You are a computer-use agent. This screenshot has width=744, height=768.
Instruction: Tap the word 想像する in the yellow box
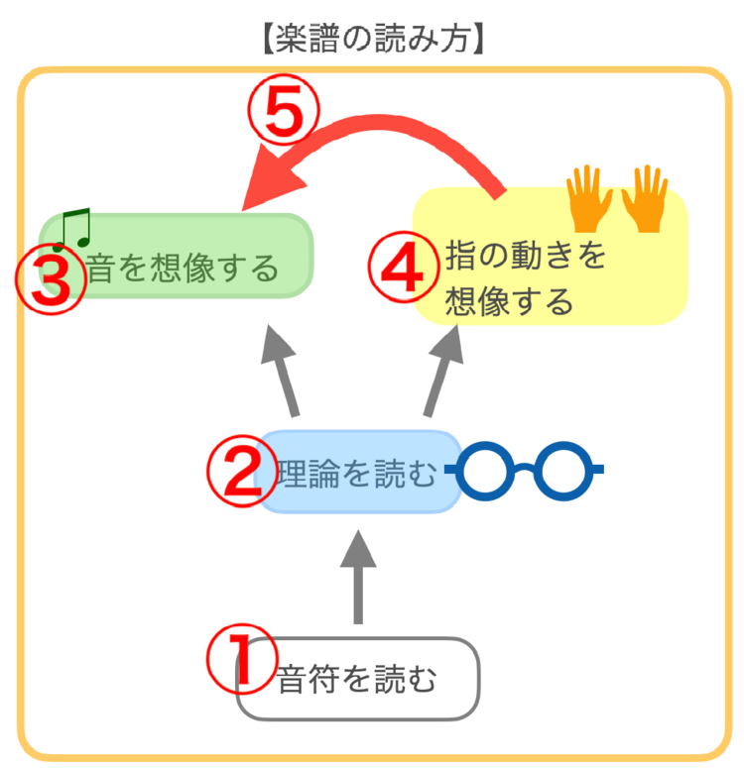tap(510, 299)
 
